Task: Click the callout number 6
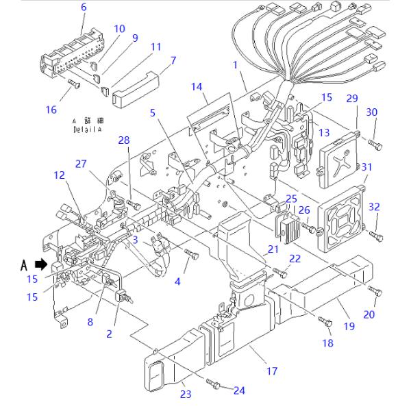[x=84, y=8]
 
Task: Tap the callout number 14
[x=197, y=87]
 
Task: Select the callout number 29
[x=352, y=99]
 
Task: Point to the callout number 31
[x=366, y=166]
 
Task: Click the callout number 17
[x=272, y=371]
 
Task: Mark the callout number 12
[x=60, y=176]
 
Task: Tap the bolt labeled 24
[x=215, y=386]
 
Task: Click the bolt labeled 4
[x=191, y=255]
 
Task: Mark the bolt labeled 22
[x=279, y=272]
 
